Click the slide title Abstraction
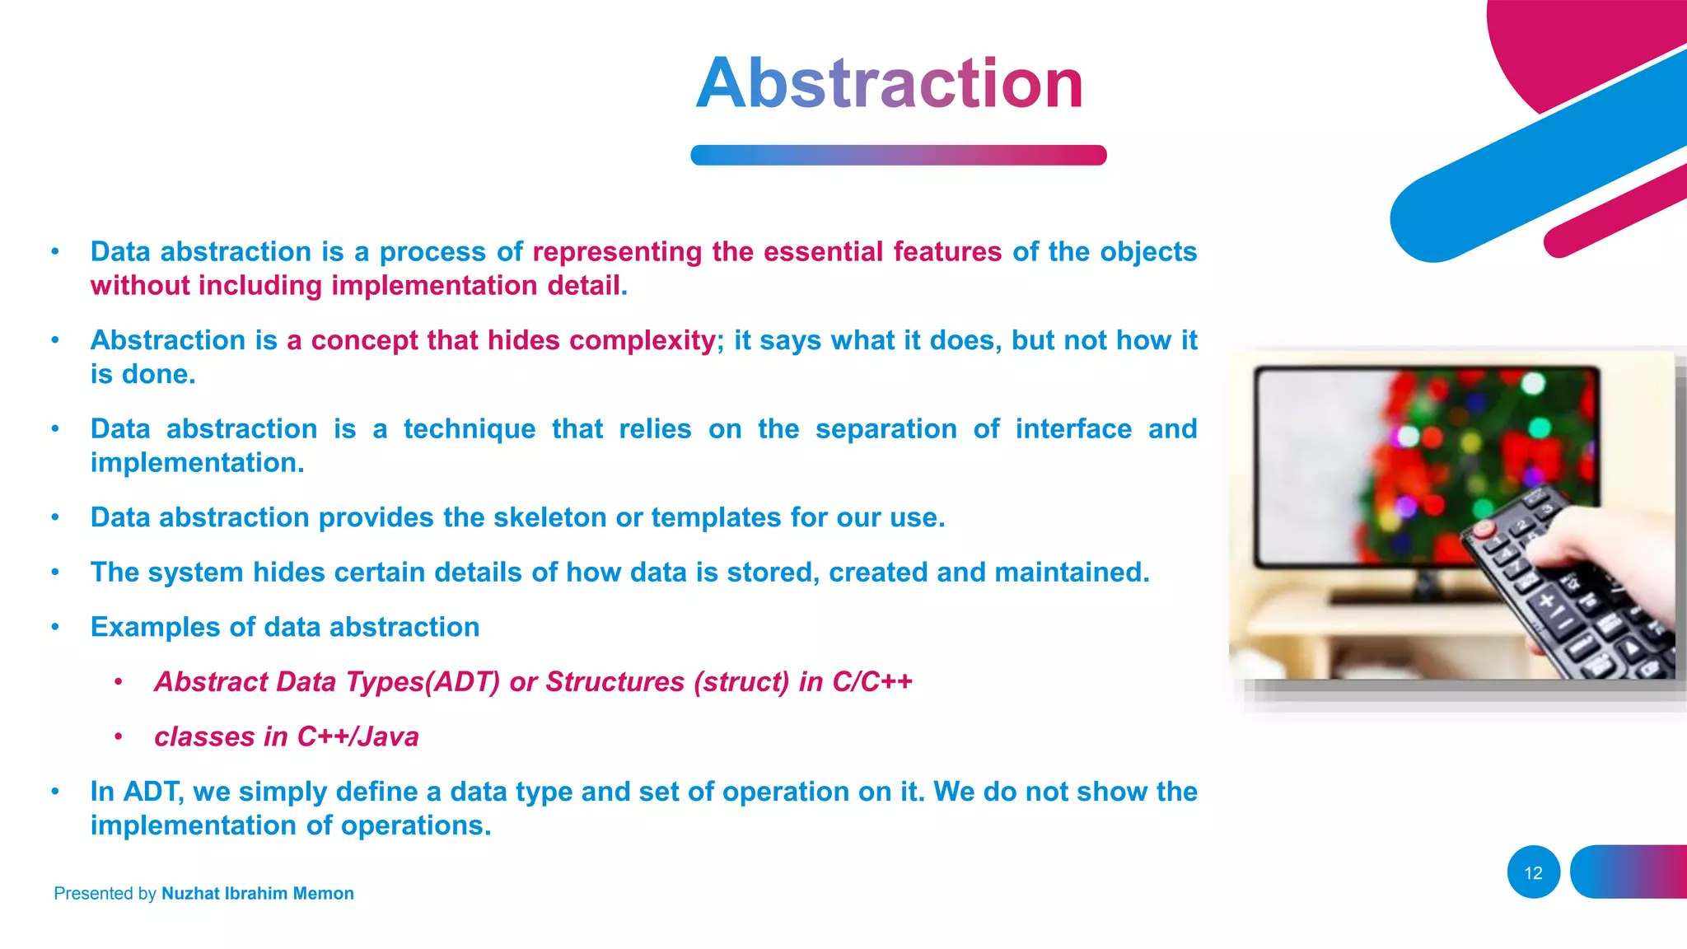coord(890,83)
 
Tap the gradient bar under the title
coord(898,155)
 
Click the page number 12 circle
coord(1533,872)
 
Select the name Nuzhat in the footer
coord(190,893)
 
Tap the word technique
coord(469,429)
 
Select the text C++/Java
coord(357,736)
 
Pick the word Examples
coord(155,627)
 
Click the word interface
coord(1073,429)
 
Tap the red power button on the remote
coord(1484,528)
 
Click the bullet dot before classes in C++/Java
coord(119,736)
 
